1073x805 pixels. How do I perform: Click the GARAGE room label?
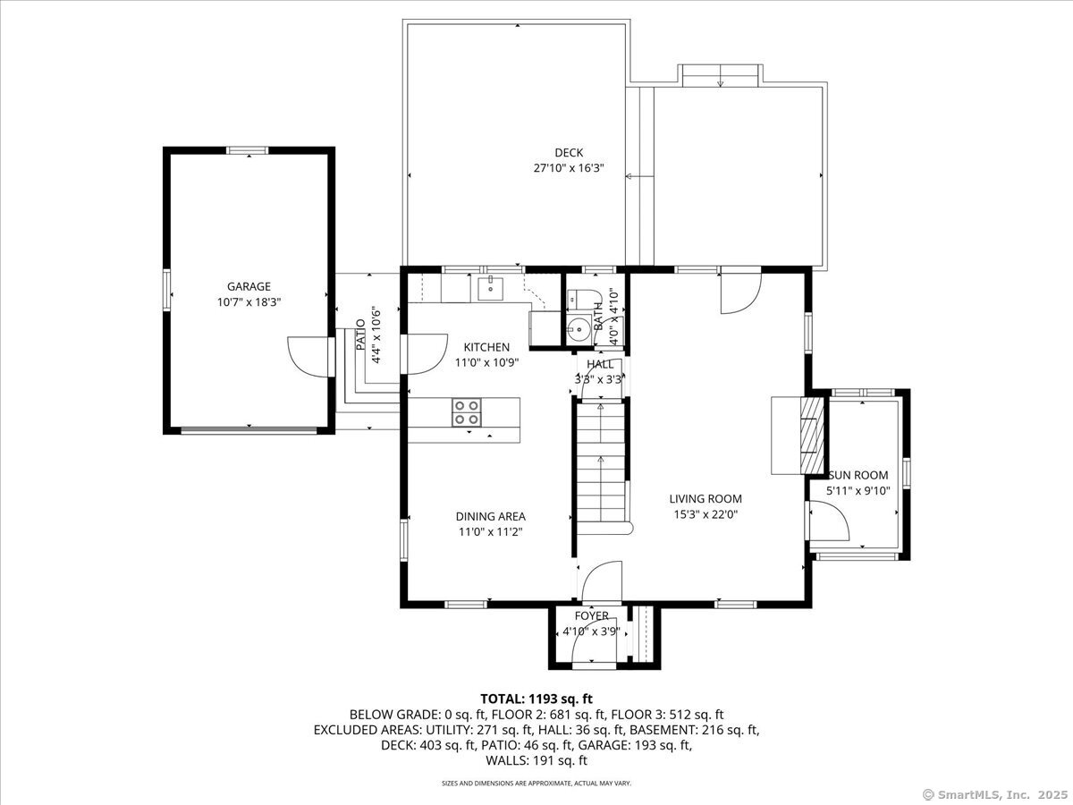249,286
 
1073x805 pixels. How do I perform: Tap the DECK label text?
568,153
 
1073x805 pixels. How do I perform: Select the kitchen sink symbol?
490,288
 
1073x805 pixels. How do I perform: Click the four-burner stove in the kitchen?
465,412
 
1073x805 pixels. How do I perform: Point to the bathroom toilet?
578,300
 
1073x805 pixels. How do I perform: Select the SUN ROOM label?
858,475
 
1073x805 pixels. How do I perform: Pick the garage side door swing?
307,355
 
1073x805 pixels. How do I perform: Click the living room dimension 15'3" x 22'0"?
705,513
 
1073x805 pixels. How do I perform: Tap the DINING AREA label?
490,516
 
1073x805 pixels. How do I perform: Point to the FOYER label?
591,616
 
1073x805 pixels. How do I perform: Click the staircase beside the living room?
600,465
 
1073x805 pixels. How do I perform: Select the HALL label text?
600,364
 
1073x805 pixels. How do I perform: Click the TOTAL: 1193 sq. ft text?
536,699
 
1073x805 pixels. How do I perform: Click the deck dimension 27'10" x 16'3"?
568,167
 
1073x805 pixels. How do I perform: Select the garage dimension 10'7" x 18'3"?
249,302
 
